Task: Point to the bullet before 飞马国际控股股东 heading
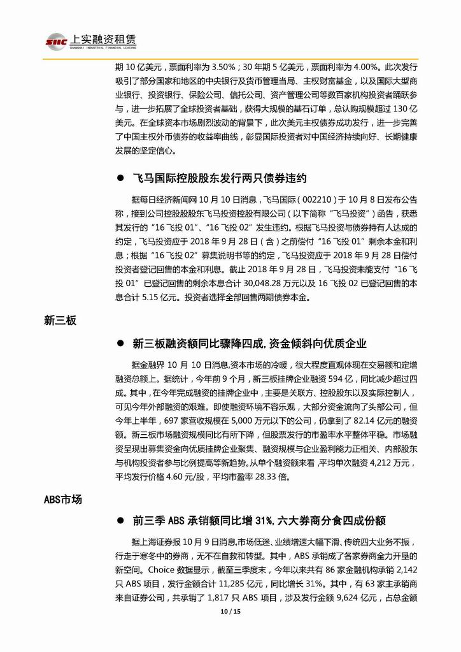(118, 178)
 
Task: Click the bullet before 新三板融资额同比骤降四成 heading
(118, 344)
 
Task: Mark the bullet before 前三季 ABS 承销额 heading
(118, 521)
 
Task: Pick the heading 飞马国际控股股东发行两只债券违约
(220, 178)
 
